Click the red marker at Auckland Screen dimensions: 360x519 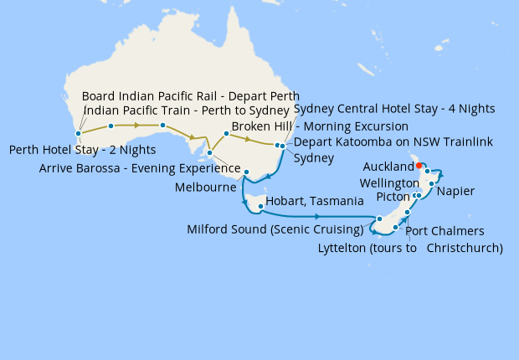pos(419,165)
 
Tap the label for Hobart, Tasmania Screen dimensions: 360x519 pos(314,202)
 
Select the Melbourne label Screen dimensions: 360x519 pos(205,188)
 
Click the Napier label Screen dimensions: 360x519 pos(456,192)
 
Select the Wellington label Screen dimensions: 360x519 pos(388,183)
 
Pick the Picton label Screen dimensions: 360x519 pos(393,197)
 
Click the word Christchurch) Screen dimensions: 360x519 pos(465,248)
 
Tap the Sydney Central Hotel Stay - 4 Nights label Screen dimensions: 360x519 pos(394,109)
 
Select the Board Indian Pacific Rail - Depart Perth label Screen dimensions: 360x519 pos(191,96)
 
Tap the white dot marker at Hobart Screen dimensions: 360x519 pos(262,206)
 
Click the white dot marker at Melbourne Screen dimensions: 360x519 pos(246,172)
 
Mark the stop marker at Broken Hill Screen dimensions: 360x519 pos(227,133)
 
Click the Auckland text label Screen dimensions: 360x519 pos(388,167)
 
